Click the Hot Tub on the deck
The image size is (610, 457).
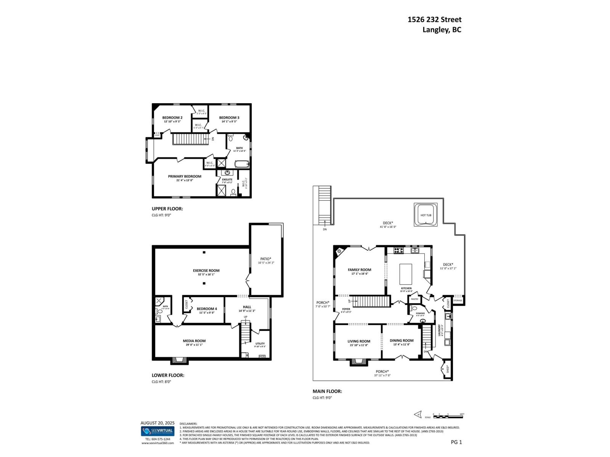(426, 215)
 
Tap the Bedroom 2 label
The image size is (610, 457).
(172, 118)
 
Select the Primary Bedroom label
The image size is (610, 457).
(185, 176)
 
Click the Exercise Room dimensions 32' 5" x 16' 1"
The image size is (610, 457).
(206, 274)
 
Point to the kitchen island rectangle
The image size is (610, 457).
(406, 273)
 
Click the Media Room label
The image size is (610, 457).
(194, 341)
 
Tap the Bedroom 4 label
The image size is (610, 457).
(207, 309)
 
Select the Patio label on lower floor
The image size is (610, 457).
(266, 259)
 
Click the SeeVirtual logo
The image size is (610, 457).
(157, 431)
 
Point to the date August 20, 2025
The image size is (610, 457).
(157, 423)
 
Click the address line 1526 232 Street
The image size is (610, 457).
(434, 19)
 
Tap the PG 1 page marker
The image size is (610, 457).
(456, 442)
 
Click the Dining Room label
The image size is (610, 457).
(401, 341)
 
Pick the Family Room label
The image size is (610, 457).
(359, 270)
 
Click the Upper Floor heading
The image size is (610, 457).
(167, 209)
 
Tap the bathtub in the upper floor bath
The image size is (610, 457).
(241, 165)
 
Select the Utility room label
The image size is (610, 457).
(260, 344)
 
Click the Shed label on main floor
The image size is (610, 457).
(447, 369)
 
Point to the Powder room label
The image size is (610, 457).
(420, 313)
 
